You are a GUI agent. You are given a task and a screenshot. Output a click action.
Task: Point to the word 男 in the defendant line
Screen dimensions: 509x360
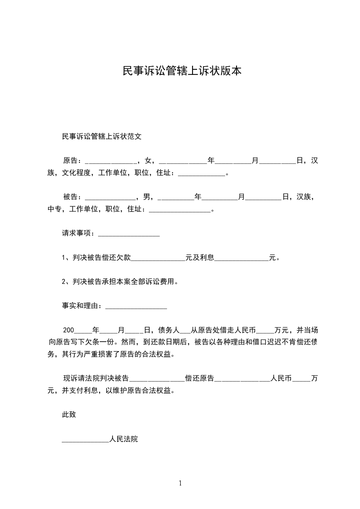tap(146, 197)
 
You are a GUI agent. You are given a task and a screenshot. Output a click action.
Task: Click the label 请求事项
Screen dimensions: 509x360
tap(78, 233)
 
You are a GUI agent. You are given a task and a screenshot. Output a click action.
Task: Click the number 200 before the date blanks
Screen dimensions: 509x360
tap(68, 330)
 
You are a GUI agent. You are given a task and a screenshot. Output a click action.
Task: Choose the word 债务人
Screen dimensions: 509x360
tap(169, 330)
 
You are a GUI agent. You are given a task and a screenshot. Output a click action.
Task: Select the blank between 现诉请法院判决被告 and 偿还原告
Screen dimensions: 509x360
tap(157, 379)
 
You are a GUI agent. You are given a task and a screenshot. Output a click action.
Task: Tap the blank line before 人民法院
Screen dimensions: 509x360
tap(85, 440)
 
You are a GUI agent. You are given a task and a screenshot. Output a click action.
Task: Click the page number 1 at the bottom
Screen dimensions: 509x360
tap(180, 483)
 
